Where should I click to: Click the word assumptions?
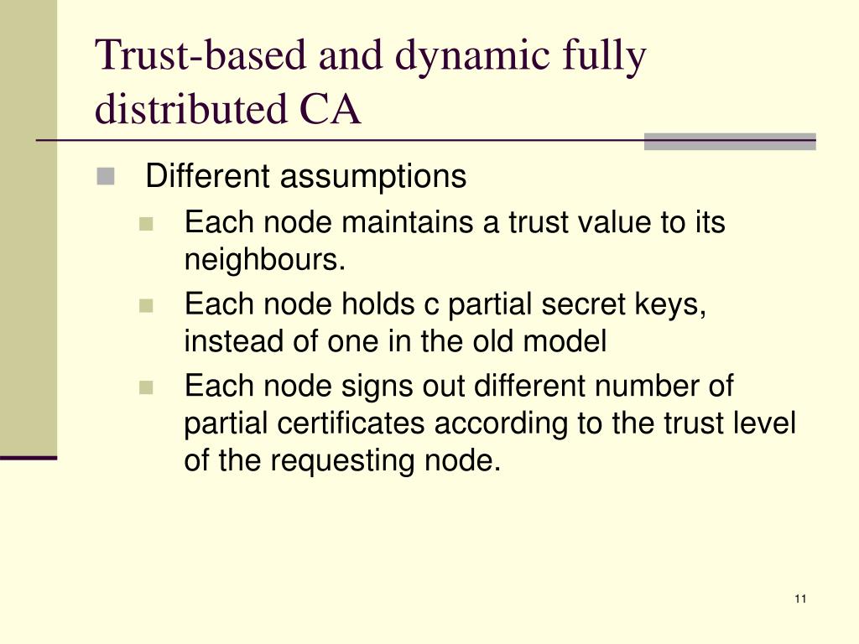(372, 178)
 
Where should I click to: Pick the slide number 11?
(799, 599)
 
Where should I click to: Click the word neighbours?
(263, 261)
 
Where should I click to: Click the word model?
(566, 342)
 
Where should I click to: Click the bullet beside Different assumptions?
(106, 177)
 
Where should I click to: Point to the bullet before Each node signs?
(147, 387)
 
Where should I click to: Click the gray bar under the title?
(730, 141)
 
